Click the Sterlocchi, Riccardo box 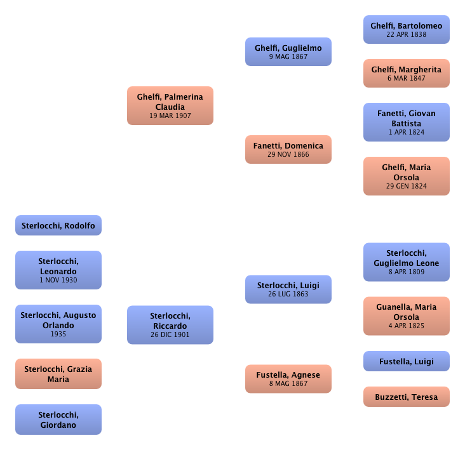pyautogui.click(x=170, y=325)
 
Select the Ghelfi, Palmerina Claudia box pyautogui.click(x=170, y=106)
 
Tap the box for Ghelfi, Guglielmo pyautogui.click(x=288, y=52)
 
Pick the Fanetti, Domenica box pyautogui.click(x=288, y=150)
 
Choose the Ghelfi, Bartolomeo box pyautogui.click(x=406, y=29)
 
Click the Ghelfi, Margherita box pyautogui.click(x=406, y=74)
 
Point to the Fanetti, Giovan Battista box pyautogui.click(x=406, y=122)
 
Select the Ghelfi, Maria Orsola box pyautogui.click(x=406, y=176)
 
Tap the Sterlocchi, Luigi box pyautogui.click(x=288, y=289)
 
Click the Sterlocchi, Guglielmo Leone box pyautogui.click(x=406, y=262)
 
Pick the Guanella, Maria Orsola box pyautogui.click(x=406, y=316)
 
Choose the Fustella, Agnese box pyautogui.click(x=288, y=379)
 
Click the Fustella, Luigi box pyautogui.click(x=406, y=362)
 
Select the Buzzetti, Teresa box pyautogui.click(x=406, y=397)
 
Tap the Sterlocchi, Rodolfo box pyautogui.click(x=58, y=225)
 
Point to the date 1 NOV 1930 pyautogui.click(x=58, y=280)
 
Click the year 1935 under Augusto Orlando pyautogui.click(x=58, y=334)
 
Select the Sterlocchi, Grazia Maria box pyautogui.click(x=58, y=374)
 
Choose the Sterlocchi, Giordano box pyautogui.click(x=58, y=420)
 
